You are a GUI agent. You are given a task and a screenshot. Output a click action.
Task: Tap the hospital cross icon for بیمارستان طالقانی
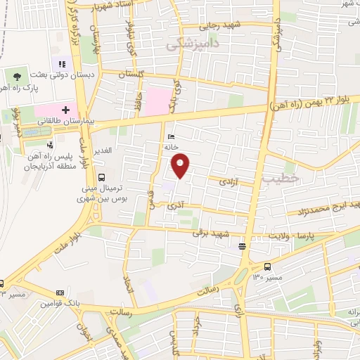point(66,110)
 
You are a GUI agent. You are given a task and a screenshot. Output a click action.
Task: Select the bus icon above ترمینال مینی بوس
point(102,177)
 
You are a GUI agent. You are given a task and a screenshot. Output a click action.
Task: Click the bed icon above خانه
point(172,137)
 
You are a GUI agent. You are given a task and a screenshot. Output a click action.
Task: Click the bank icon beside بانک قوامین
point(59,292)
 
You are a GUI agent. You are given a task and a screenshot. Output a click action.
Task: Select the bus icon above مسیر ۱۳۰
point(267,266)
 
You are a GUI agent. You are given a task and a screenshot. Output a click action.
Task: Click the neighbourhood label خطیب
point(281,179)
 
